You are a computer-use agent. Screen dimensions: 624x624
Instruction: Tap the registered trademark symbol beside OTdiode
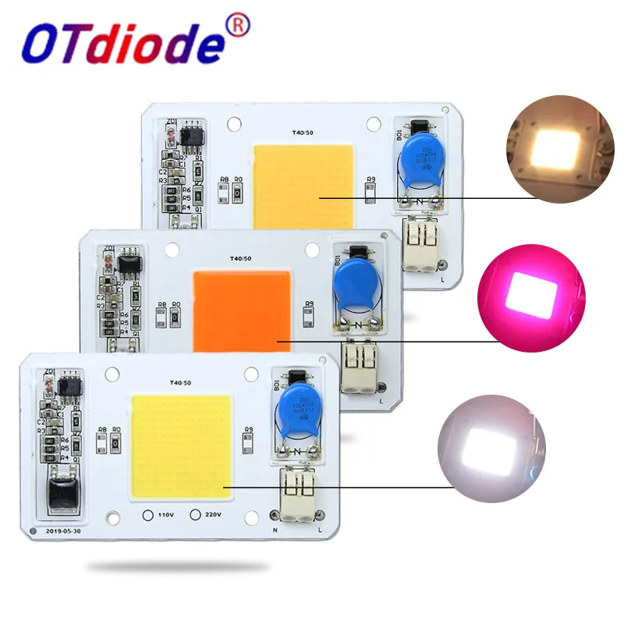(239, 27)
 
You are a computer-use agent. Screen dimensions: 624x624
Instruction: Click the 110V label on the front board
(161, 515)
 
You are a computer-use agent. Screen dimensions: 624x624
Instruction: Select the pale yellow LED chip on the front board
(182, 445)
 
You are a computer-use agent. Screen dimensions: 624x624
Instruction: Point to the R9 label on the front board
(248, 429)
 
